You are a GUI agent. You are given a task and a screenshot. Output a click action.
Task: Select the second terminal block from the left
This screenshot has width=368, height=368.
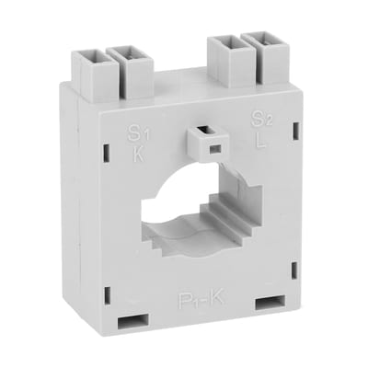[126, 62]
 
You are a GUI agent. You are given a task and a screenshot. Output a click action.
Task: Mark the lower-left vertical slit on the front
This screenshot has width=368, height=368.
[107, 293]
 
